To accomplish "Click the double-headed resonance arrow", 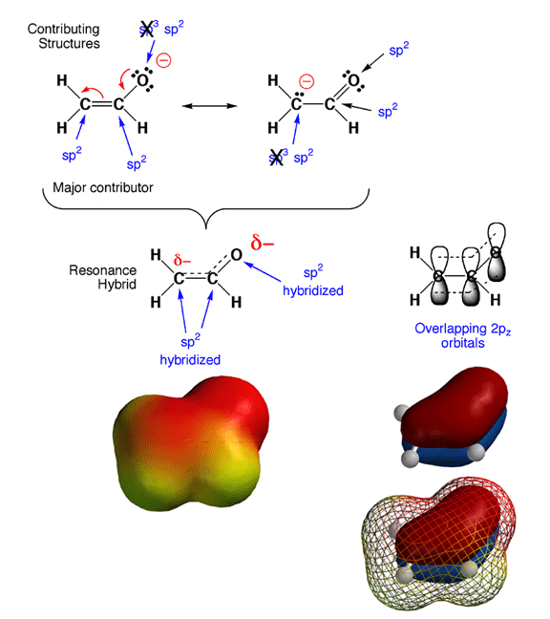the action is coord(209,106).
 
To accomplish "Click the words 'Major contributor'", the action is coord(103,187).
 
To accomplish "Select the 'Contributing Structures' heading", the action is coord(64,36).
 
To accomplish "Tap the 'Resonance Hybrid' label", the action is coord(103,277).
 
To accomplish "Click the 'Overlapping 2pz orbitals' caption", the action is coord(463,335).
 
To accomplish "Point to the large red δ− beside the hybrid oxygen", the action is coord(262,243).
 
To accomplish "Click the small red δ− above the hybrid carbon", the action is coord(182,261).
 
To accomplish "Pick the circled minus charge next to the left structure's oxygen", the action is coord(163,60).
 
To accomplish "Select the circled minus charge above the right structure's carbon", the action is coord(307,81).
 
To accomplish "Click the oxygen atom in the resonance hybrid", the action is coord(237,255).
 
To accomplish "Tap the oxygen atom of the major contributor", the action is coord(142,80).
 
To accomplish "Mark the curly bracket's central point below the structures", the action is coord(206,227).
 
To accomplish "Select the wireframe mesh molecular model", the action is coord(439,544).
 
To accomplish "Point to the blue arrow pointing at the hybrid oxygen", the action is coord(262,271).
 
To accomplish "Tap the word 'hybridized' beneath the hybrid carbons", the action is coord(190,360).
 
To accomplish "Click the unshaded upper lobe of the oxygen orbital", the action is coord(497,236).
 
